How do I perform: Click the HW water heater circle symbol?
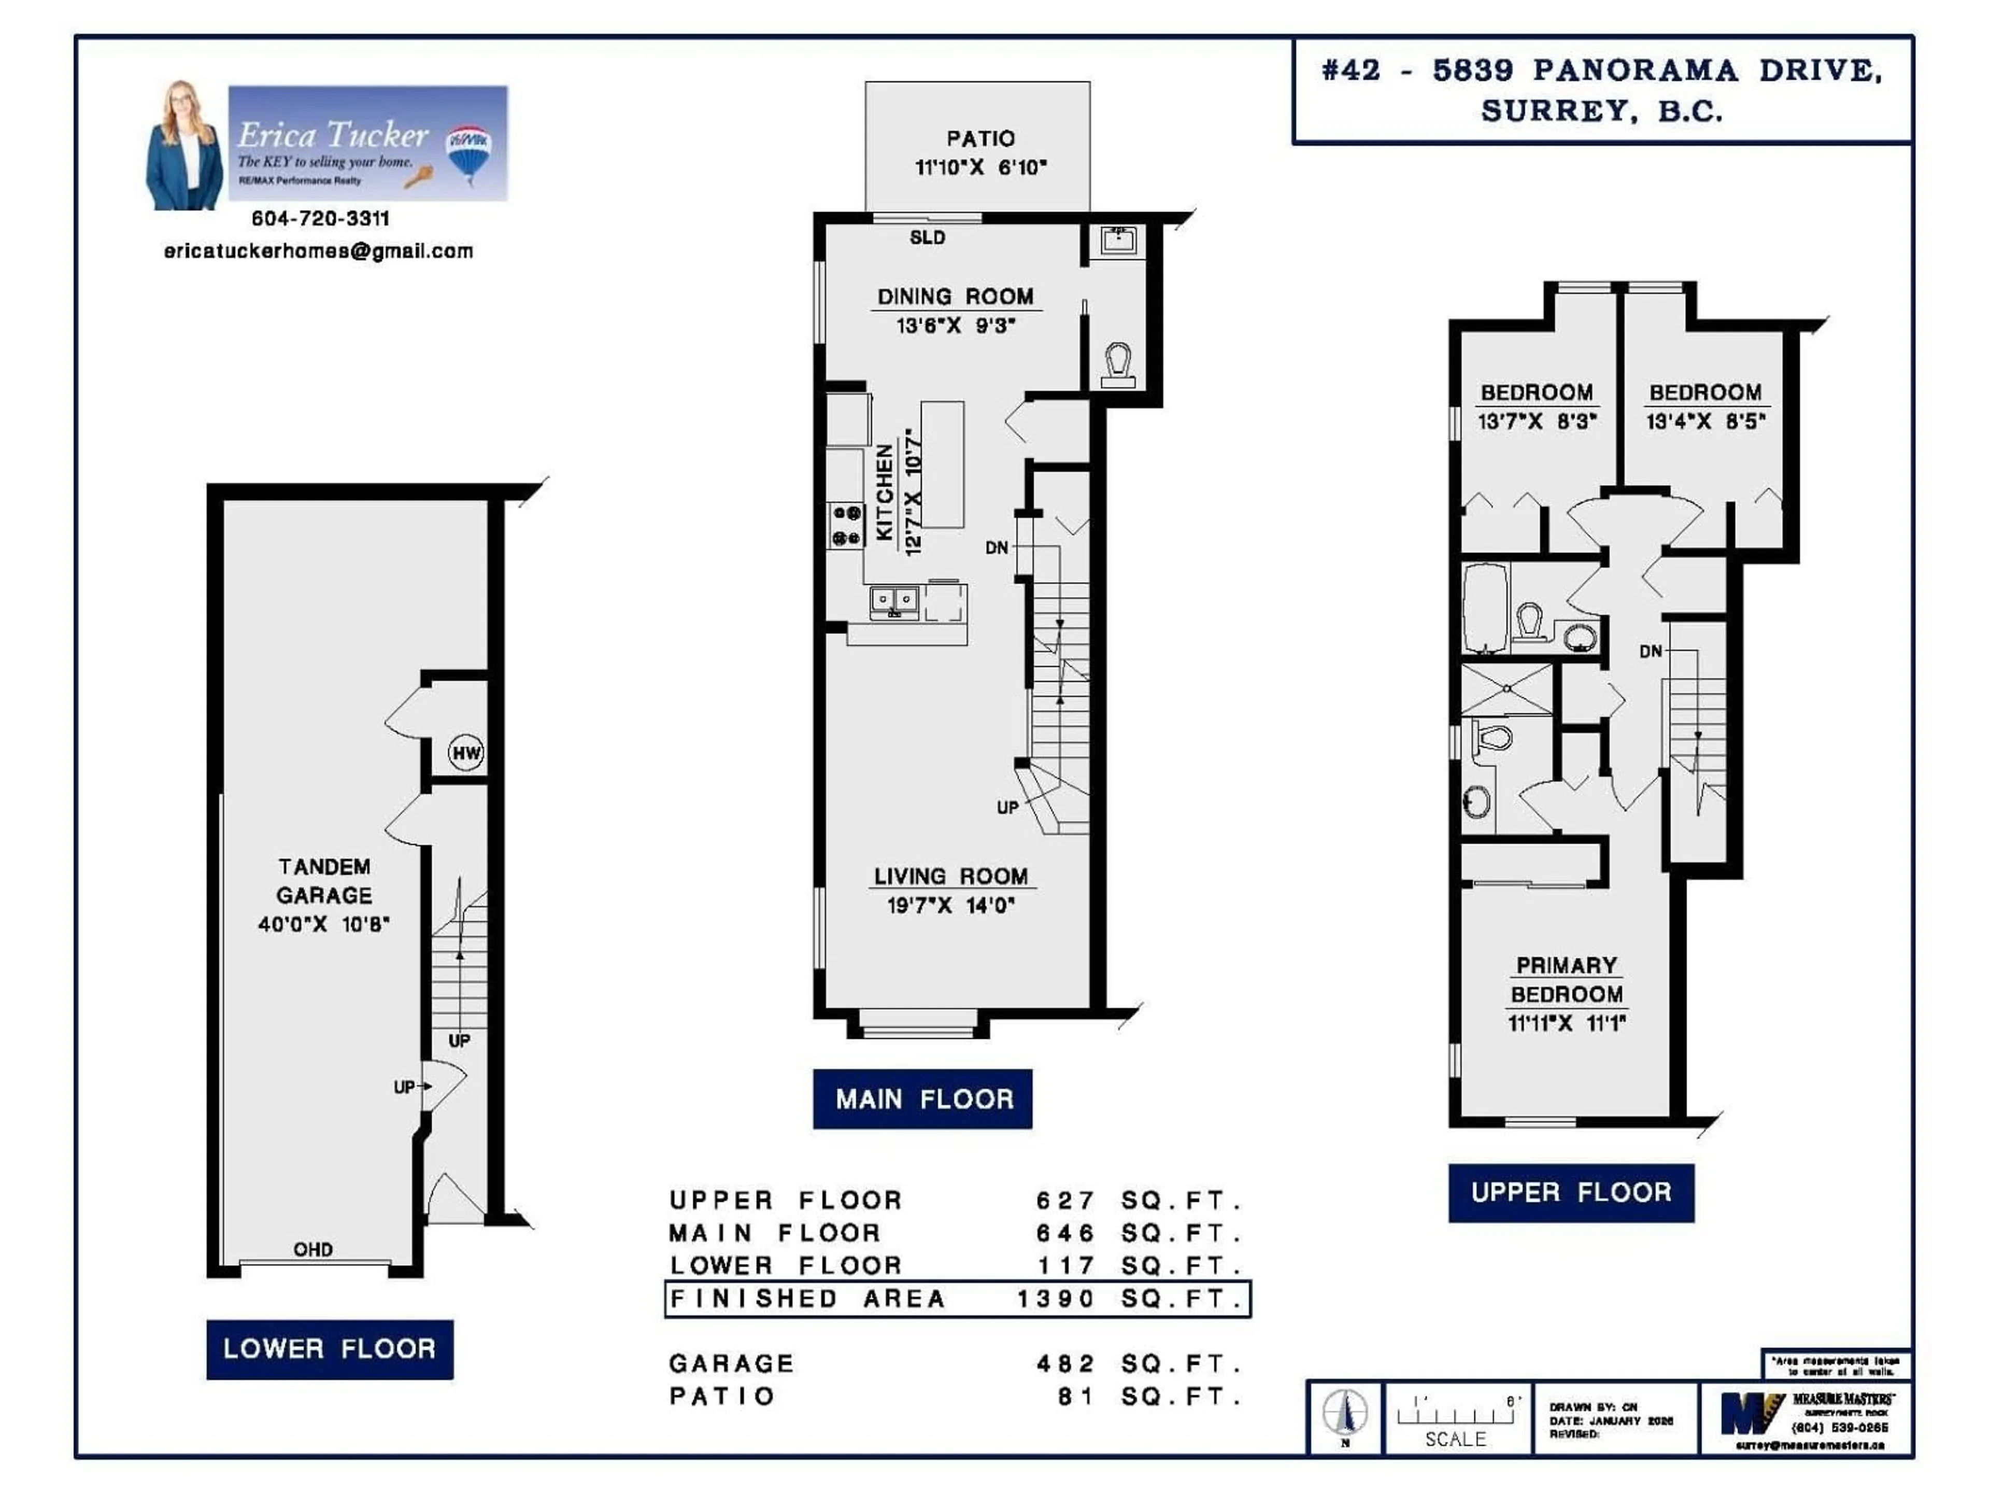(465, 752)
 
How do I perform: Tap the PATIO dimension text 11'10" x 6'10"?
(980, 167)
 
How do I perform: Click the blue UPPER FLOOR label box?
(1571, 1192)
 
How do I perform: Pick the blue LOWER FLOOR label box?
(329, 1348)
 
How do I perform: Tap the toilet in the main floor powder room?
(1118, 364)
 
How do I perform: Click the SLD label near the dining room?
(927, 237)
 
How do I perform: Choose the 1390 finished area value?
(1055, 1299)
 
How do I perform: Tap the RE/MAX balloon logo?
(468, 151)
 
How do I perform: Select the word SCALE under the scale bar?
(1455, 1439)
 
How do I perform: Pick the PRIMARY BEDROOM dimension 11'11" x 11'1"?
(1566, 1022)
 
